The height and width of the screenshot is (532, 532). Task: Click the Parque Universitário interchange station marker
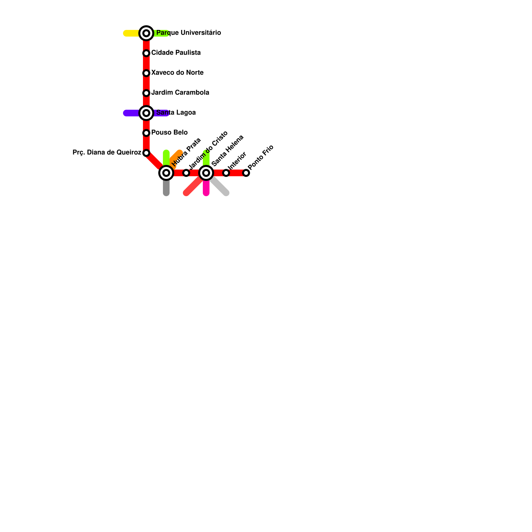tap(146, 33)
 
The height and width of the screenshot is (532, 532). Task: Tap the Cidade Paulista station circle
tap(146, 53)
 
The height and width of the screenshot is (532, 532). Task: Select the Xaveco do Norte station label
tap(177, 72)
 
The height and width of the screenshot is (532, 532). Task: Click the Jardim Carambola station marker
tap(146, 93)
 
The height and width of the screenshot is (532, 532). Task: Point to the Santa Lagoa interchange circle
tap(146, 113)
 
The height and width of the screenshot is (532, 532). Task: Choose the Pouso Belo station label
tap(169, 132)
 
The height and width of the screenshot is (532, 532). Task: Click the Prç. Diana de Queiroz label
tap(107, 152)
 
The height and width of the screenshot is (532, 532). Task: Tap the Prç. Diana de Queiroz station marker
tap(146, 153)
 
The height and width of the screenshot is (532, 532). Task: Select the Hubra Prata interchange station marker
tap(166, 173)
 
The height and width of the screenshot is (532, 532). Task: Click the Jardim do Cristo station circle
tap(186, 173)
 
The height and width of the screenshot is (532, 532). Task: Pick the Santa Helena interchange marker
tap(206, 173)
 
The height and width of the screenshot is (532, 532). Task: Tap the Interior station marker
tap(226, 173)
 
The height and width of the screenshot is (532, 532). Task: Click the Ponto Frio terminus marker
tap(246, 173)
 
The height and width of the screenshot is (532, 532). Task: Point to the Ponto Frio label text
tap(261, 157)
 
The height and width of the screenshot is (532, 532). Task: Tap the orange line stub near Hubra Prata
tap(176, 156)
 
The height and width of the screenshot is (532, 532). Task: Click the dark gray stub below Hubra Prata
tap(166, 188)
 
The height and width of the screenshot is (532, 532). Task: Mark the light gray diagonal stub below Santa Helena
tap(220, 187)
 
